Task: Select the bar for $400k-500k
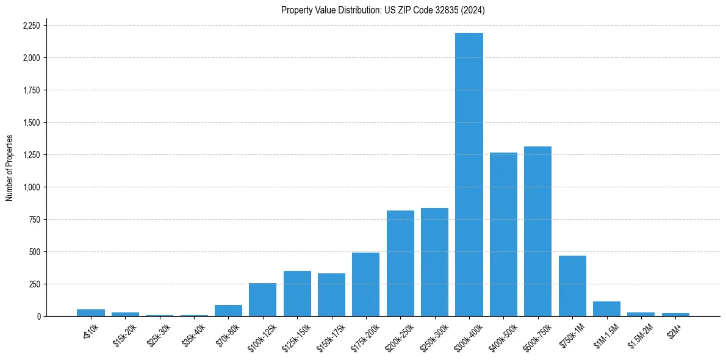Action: (x=503, y=234)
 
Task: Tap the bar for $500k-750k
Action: (x=537, y=231)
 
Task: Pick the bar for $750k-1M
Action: (x=572, y=286)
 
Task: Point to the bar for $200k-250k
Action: (x=400, y=263)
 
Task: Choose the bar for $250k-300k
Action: (x=434, y=262)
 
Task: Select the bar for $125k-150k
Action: (x=297, y=293)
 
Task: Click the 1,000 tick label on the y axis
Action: (x=31, y=187)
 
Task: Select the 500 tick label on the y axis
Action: (x=35, y=252)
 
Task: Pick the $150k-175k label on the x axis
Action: (x=331, y=336)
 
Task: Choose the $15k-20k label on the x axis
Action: (x=125, y=335)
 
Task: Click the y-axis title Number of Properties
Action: (x=9, y=168)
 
